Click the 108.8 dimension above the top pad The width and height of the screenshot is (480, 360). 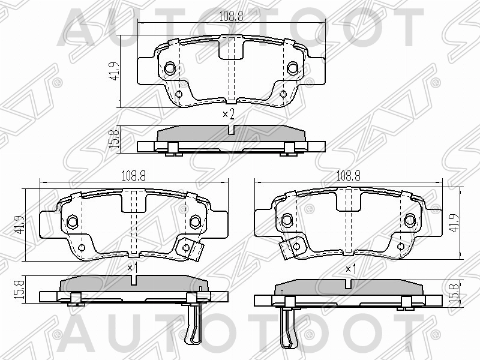[232, 16]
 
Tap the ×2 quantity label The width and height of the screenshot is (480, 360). [227, 114]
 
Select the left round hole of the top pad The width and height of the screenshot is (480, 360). [170, 68]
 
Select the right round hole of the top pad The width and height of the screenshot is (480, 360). [293, 68]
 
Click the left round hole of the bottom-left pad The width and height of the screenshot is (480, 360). [71, 221]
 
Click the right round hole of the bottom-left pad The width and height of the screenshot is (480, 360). [194, 221]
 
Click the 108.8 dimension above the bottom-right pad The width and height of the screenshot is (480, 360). [348, 175]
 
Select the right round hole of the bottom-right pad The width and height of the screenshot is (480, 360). [410, 220]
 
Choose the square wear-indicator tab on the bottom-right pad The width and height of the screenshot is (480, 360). [295, 247]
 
